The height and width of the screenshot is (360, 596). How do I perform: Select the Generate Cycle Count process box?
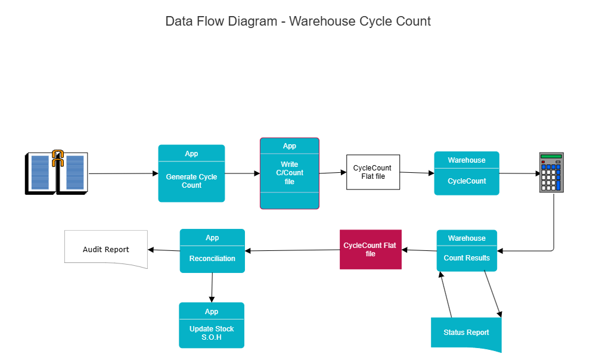191,181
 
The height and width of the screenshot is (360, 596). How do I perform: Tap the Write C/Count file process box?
289,173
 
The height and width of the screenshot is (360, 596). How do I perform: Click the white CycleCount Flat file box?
373,172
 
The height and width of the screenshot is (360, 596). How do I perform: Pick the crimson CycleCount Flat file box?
370,249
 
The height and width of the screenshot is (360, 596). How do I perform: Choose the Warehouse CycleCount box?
466,181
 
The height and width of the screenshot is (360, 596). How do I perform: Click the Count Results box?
467,258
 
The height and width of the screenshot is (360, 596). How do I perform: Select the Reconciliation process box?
212,259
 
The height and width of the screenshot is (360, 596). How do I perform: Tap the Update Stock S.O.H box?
212,333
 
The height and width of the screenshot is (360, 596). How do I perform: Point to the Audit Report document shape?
105,249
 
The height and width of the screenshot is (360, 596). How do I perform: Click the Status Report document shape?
466,333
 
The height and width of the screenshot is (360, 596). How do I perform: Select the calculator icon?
551,172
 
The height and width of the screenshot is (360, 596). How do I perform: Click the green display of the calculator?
551,157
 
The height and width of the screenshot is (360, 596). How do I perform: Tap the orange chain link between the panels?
58,158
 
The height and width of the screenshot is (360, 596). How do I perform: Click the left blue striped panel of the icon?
41,172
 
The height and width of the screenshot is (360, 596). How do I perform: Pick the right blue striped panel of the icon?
75,172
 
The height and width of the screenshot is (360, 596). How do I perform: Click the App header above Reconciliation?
212,238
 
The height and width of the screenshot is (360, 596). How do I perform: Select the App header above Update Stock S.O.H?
212,312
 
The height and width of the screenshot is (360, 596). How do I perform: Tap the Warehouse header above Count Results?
467,238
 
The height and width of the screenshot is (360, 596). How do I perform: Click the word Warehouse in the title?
322,21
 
